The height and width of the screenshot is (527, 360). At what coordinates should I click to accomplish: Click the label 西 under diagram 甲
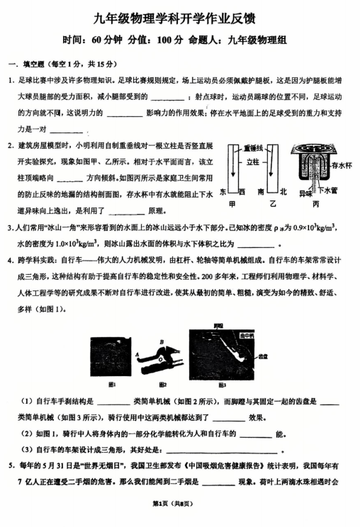(242, 192)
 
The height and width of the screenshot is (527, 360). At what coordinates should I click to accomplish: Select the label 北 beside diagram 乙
(282, 192)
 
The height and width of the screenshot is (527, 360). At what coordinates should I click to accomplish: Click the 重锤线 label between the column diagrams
(253, 147)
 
